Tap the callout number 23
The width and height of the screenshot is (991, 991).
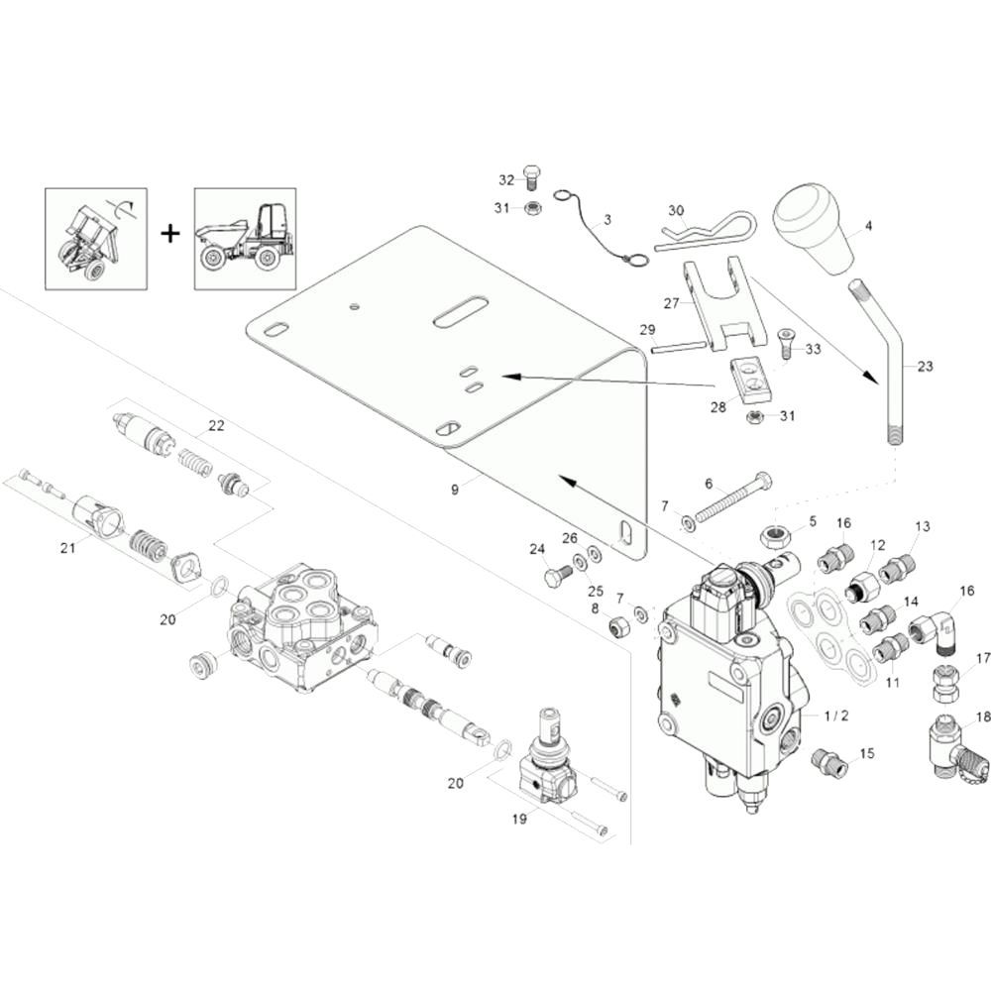coord(925,367)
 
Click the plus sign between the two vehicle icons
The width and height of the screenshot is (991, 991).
coord(171,234)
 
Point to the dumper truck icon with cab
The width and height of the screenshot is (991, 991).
coord(245,239)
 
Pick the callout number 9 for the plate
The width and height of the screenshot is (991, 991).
coord(455,490)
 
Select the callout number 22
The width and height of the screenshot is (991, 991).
coord(216,427)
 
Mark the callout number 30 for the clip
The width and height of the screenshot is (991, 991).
coord(676,211)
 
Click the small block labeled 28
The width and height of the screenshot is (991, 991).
coord(748,375)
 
